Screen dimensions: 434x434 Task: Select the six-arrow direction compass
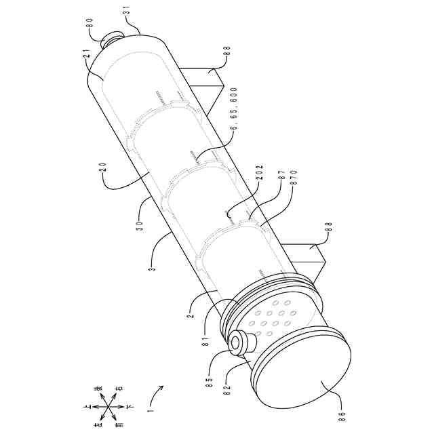tap(102, 407)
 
